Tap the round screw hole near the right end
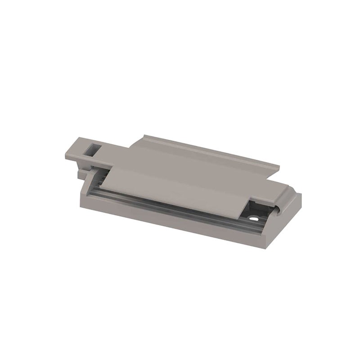click(x=255, y=219)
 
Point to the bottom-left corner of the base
click(x=81, y=207)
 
